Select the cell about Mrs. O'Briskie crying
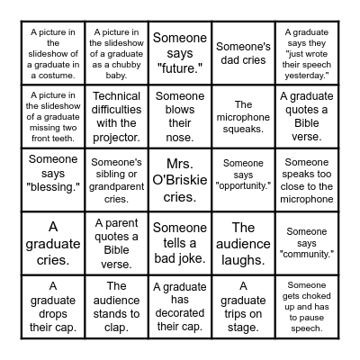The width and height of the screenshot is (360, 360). pyautogui.click(x=179, y=179)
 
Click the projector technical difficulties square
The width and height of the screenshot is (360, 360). pyautogui.click(x=116, y=116)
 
